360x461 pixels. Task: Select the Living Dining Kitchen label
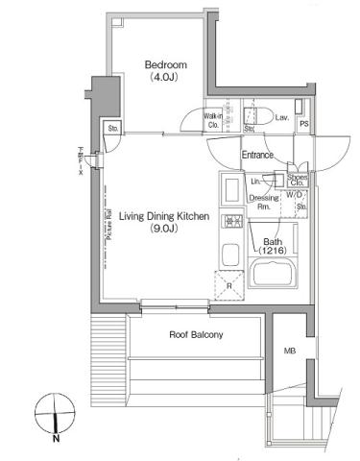click(165, 218)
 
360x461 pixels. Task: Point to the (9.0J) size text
click(165, 230)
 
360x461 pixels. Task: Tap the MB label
click(289, 351)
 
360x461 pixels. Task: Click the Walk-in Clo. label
click(213, 121)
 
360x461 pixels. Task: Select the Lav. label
click(281, 117)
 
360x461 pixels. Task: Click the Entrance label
click(257, 155)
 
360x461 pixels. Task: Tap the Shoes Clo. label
click(297, 179)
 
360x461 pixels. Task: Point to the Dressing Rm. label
click(260, 202)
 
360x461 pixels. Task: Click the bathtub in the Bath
click(278, 274)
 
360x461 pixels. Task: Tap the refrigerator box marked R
click(230, 285)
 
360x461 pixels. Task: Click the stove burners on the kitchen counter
click(230, 223)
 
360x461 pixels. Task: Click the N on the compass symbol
click(57, 439)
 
